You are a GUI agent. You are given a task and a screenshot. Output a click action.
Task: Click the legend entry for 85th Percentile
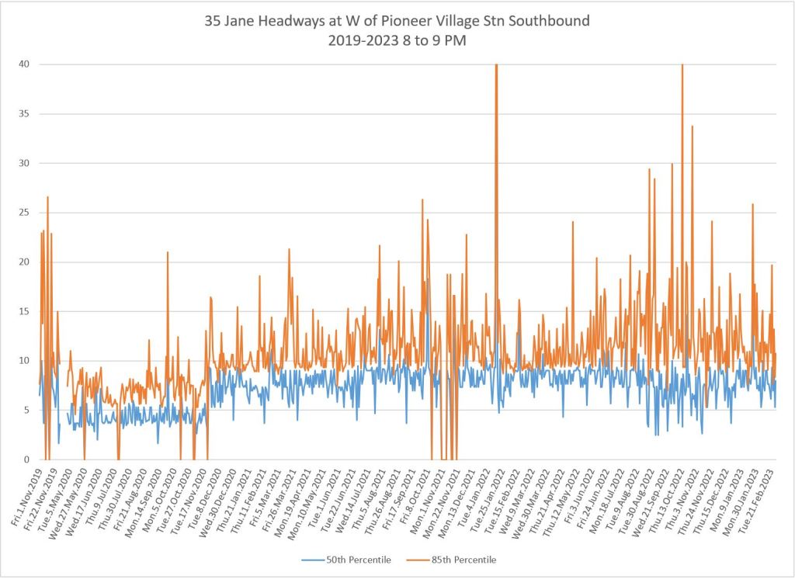[460, 560]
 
